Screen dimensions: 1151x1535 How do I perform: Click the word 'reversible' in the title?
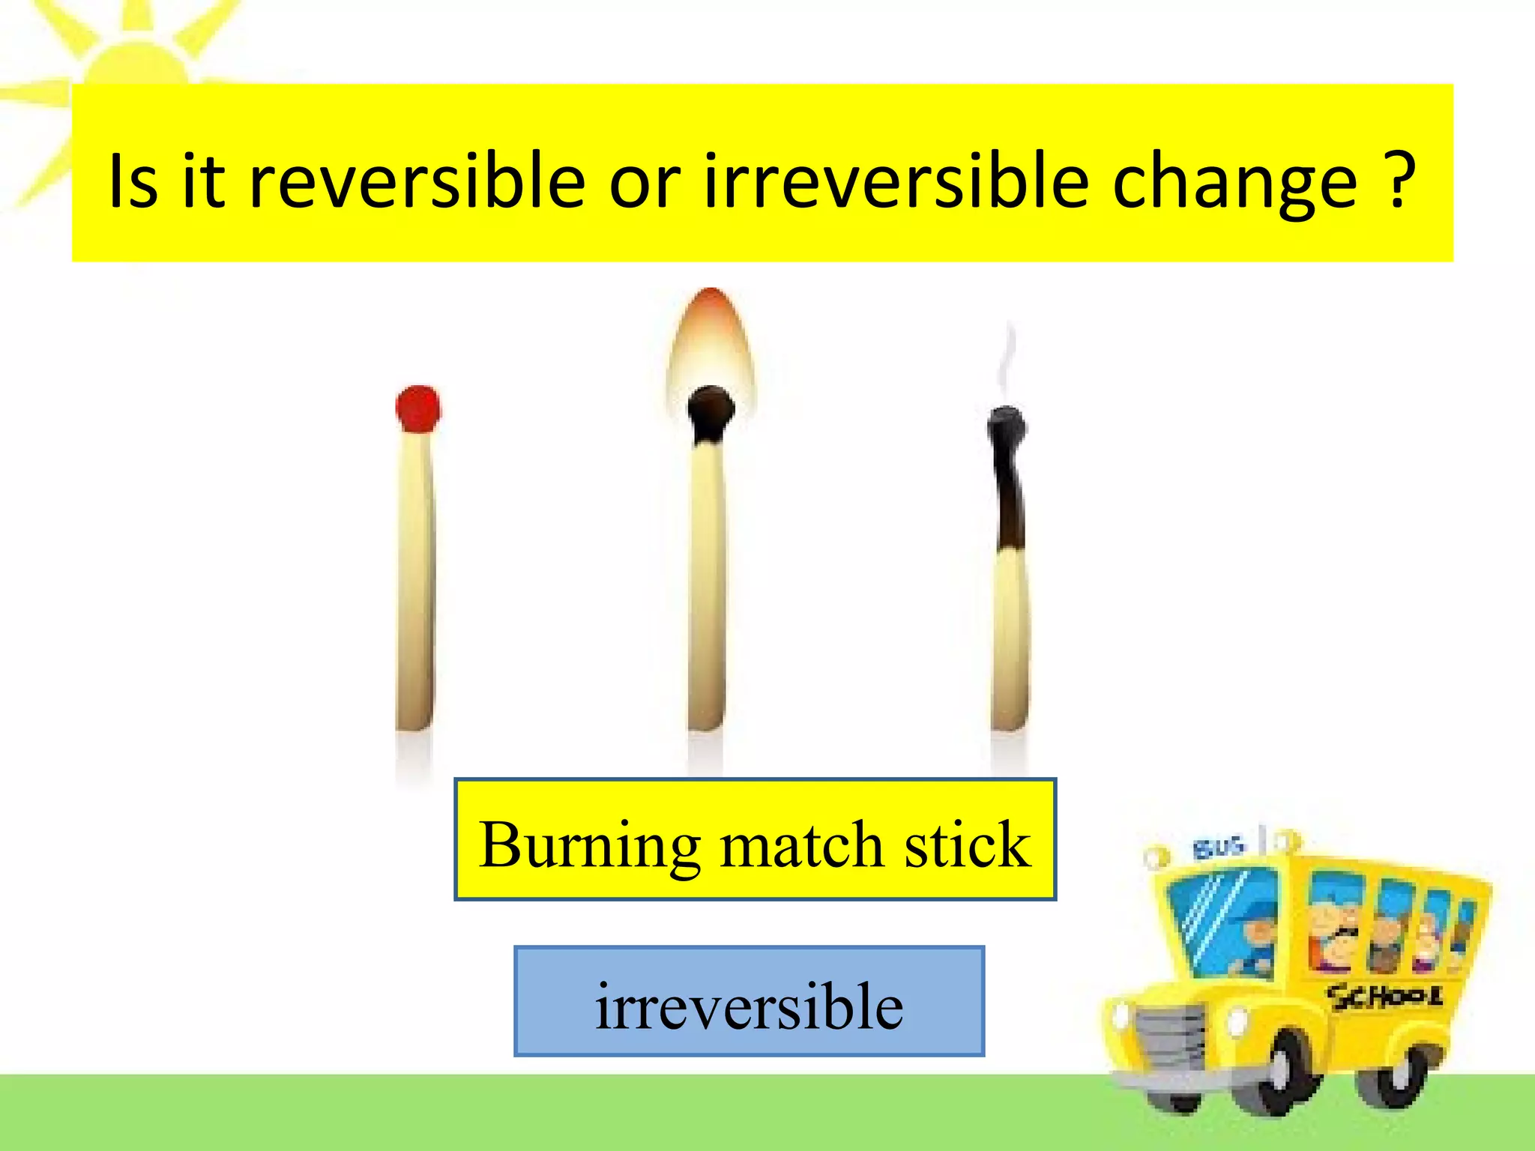point(417,181)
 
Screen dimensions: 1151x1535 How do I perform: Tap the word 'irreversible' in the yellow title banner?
point(896,181)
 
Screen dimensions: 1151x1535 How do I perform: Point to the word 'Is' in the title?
point(133,181)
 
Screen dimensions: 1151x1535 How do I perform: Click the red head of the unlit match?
point(418,409)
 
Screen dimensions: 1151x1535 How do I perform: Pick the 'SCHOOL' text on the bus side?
point(1384,997)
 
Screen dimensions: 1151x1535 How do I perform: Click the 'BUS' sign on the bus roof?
point(1219,848)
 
